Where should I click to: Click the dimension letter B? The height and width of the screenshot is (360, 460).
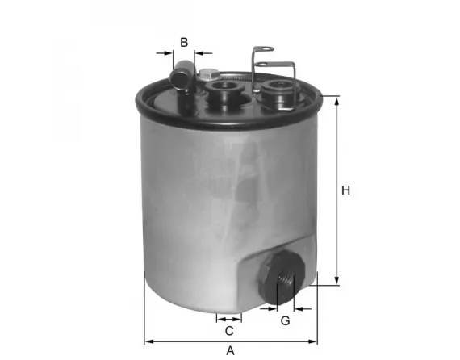[184, 42]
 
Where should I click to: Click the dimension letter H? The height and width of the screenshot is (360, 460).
[345, 191]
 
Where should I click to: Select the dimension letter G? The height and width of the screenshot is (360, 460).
[285, 322]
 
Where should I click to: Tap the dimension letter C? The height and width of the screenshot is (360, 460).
[229, 331]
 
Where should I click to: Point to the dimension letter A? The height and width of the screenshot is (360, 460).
[230, 350]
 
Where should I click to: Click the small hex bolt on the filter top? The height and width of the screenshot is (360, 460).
[204, 72]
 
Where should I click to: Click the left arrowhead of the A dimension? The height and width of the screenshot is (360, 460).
[148, 340]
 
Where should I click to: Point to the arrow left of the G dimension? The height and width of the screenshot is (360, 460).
[270, 308]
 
